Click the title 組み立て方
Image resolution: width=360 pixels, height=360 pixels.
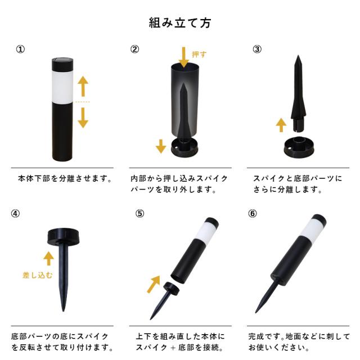pyautogui.click(x=180, y=22)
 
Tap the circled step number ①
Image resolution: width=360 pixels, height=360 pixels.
pyautogui.click(x=20, y=49)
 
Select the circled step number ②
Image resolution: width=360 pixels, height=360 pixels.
pyautogui.click(x=135, y=49)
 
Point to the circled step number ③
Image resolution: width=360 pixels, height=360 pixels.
pyautogui.click(x=257, y=49)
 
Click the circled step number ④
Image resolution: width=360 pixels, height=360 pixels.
pyautogui.click(x=15, y=214)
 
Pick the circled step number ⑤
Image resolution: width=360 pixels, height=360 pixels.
pyautogui.click(x=140, y=214)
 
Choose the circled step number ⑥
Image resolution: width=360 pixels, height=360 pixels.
pyautogui.click(x=253, y=214)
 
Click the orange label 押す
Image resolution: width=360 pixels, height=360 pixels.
pyautogui.click(x=199, y=55)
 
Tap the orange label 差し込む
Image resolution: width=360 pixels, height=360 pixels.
pyautogui.click(x=38, y=275)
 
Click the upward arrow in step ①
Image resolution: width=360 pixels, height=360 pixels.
pyautogui.click(x=83, y=86)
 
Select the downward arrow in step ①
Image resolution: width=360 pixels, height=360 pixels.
pyautogui.click(x=83, y=118)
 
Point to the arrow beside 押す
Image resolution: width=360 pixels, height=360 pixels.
pyautogui.click(x=184, y=57)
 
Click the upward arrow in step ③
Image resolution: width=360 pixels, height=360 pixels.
pyautogui.click(x=281, y=125)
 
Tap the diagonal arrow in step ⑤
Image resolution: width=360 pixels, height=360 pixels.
pyautogui.click(x=154, y=284)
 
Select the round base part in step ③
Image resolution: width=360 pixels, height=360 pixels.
pyautogui.click(x=299, y=147)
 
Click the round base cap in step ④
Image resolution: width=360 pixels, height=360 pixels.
pyautogui.click(x=63, y=236)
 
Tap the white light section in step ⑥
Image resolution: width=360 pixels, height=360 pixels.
pyautogui.click(x=313, y=229)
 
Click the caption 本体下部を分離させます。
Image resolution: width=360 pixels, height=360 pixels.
pyautogui.click(x=65, y=178)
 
